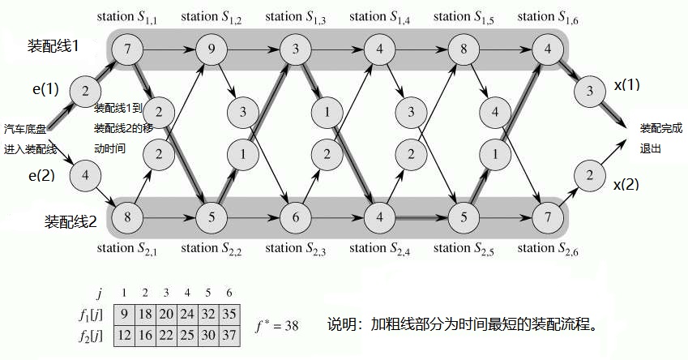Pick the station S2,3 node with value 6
(296, 217)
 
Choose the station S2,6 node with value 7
(548, 217)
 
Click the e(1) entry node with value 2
(85, 90)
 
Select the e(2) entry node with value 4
(85, 174)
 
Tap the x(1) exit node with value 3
(589, 90)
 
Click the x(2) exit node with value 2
(589, 174)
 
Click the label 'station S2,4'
(379, 248)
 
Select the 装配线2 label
(71, 219)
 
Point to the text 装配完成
(661, 127)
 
